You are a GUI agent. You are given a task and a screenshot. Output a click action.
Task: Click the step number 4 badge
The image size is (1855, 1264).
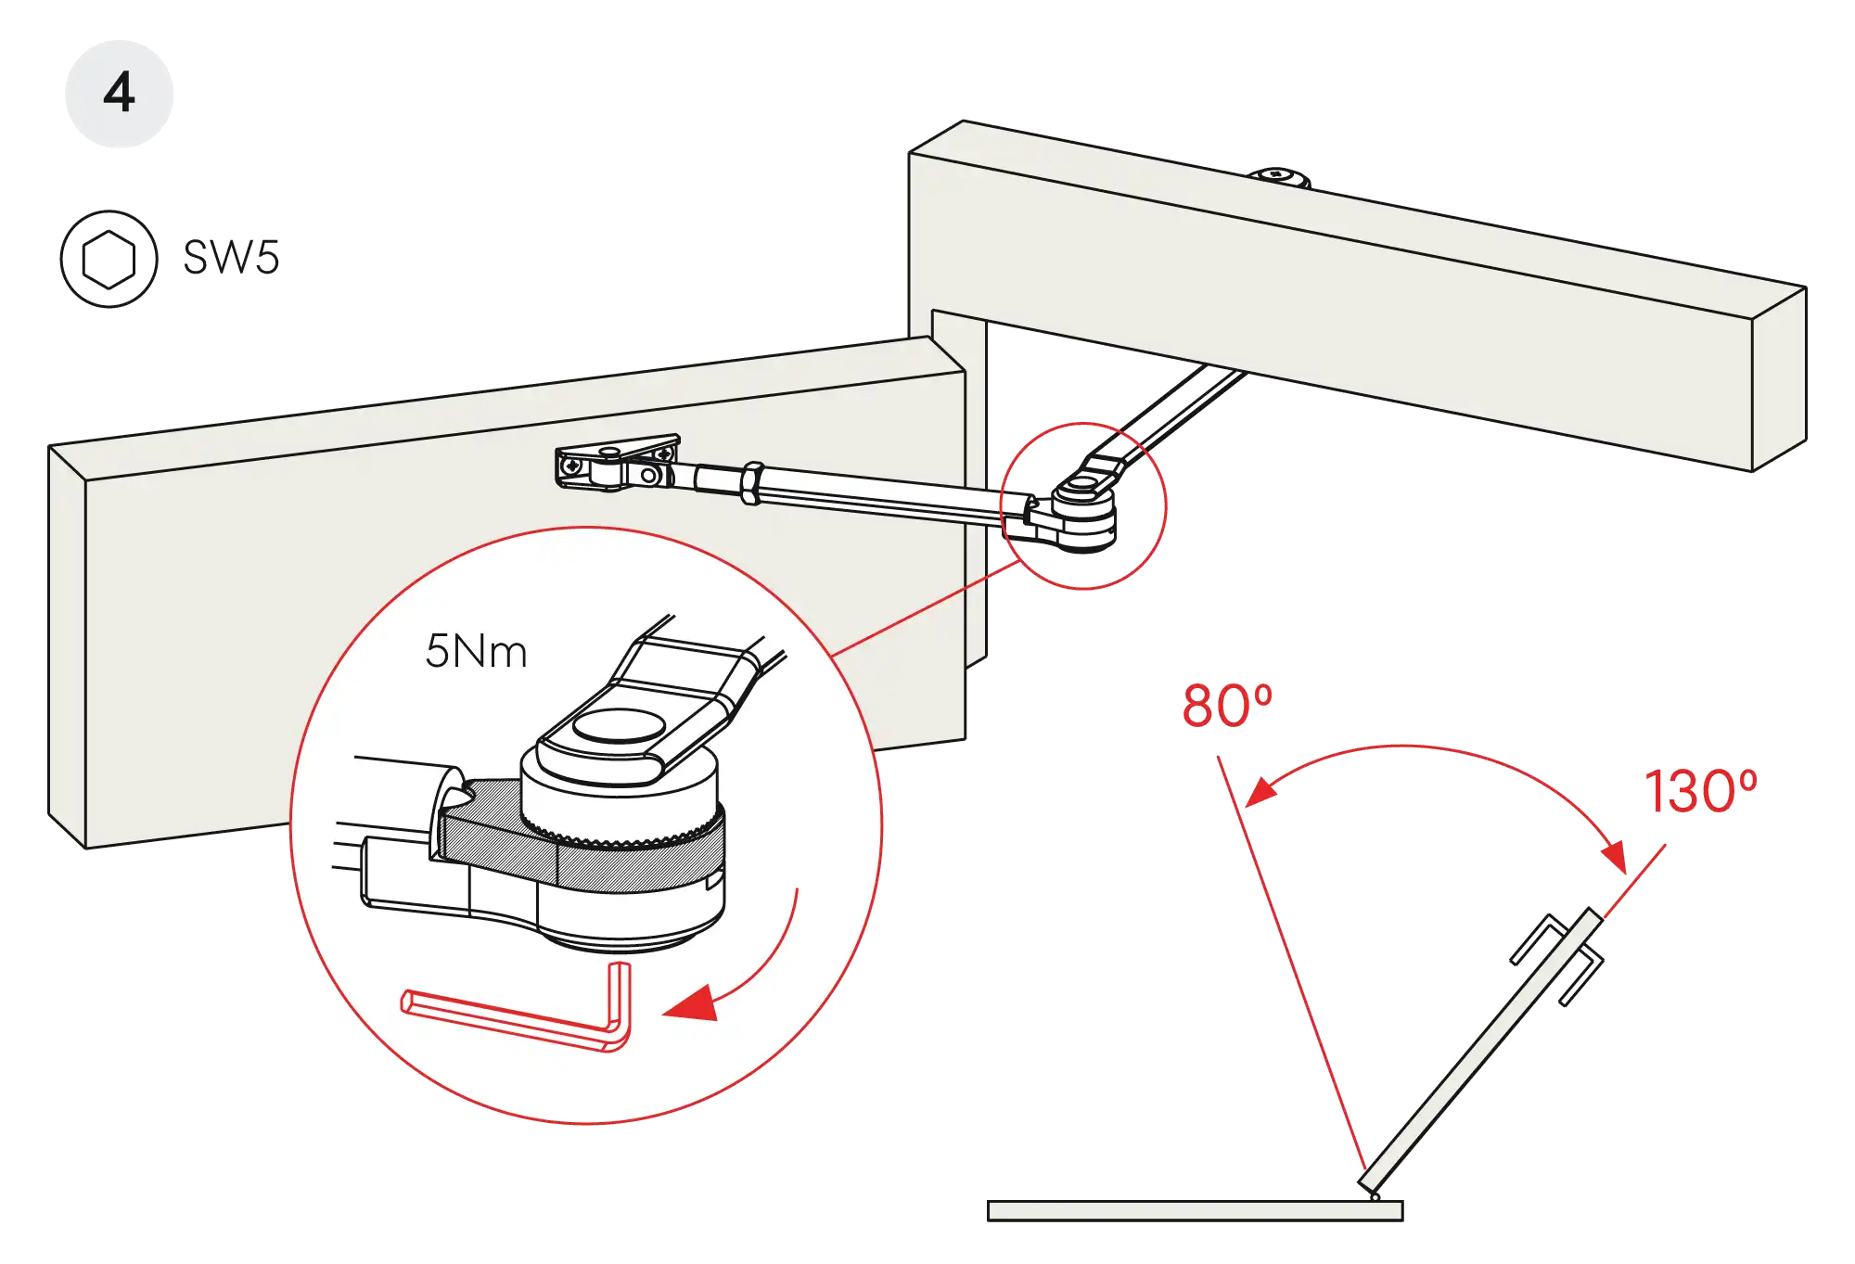point(119,93)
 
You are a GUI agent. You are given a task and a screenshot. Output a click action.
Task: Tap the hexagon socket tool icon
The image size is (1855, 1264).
point(109,259)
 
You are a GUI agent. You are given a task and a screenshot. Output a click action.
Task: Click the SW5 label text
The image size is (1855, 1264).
point(232,257)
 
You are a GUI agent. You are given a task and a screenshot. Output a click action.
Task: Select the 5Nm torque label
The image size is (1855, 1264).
point(476,652)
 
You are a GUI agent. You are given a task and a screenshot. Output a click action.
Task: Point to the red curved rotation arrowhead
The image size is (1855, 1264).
point(692,1005)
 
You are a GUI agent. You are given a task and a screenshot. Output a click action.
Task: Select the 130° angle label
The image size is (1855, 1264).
point(1699,791)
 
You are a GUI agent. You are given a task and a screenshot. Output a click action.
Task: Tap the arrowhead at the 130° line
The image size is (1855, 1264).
point(1615,854)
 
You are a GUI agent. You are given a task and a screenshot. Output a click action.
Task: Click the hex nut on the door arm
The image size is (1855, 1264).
point(752,483)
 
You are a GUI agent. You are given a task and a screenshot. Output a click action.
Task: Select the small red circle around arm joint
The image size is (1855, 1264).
point(1083,505)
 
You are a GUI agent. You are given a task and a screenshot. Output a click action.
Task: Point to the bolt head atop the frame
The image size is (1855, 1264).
point(1281,175)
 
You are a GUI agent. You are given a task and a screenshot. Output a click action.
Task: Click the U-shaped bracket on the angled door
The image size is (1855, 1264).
point(1558,964)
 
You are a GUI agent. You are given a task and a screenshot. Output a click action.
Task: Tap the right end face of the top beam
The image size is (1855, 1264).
point(1779,380)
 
